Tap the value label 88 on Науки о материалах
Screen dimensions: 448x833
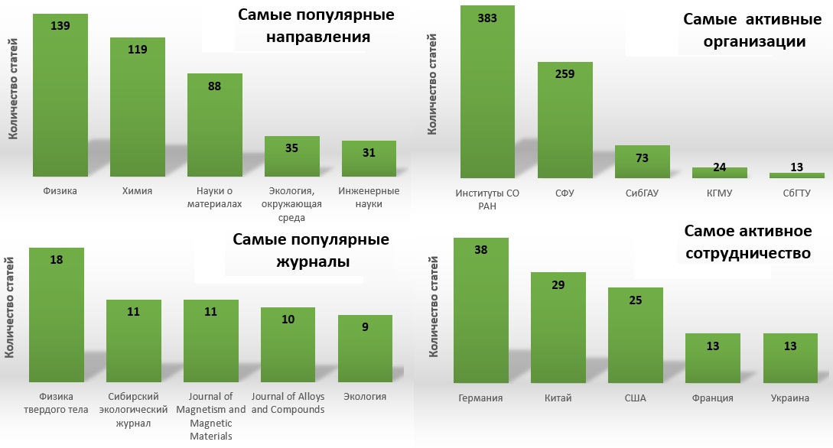coord(215,86)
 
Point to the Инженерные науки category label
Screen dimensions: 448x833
coord(369,197)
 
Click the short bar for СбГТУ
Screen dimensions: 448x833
coord(796,175)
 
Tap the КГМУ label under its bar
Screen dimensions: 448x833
coord(720,193)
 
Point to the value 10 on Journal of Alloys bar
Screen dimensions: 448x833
coord(288,319)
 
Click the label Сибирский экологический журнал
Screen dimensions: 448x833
coord(133,410)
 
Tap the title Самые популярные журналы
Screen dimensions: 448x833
coord(311,251)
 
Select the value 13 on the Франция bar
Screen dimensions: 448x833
coord(711,346)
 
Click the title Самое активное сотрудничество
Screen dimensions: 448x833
coord(747,242)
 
